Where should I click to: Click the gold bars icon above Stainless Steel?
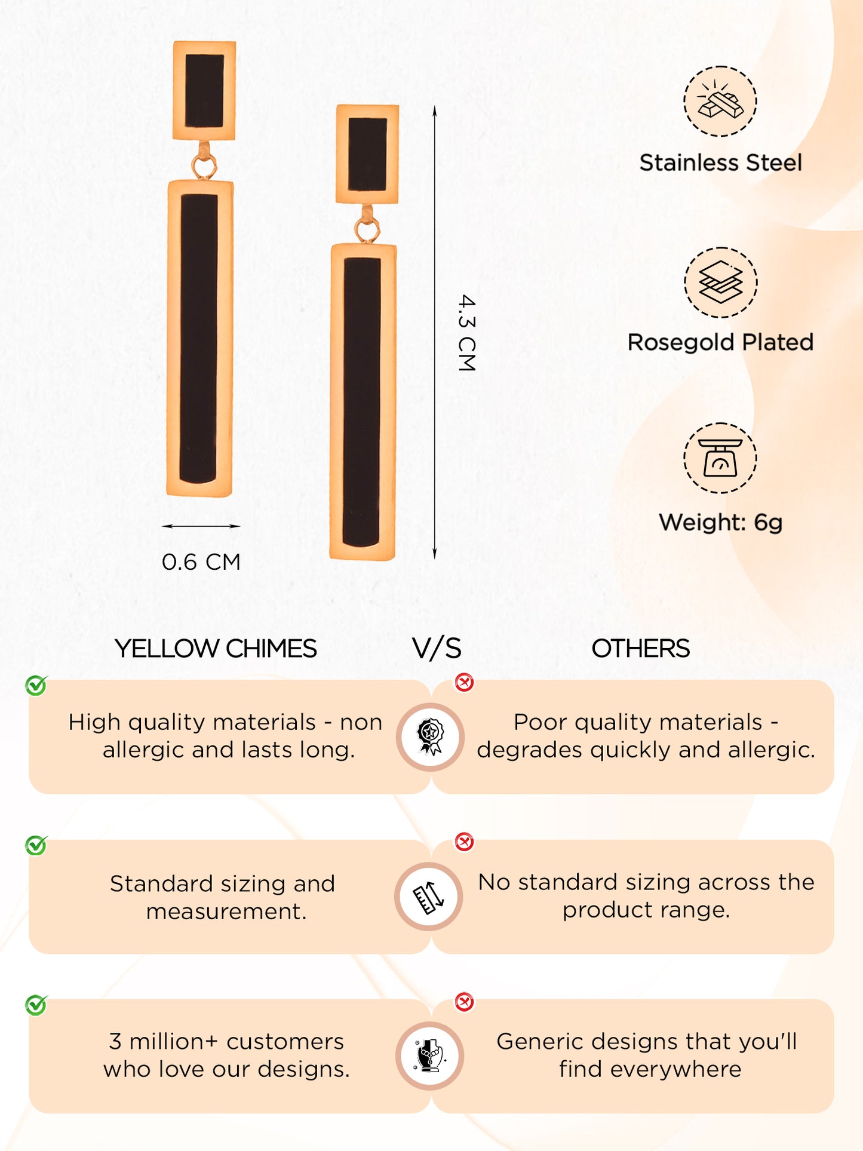(720, 102)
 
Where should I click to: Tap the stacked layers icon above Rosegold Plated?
(720, 282)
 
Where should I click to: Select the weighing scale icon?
(720, 458)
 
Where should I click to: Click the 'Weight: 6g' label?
(720, 523)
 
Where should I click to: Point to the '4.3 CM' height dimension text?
(466, 333)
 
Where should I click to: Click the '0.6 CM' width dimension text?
(201, 562)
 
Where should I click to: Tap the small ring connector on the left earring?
(204, 166)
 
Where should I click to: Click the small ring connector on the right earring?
(367, 229)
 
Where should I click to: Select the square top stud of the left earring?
(204, 90)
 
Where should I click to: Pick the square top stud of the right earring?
(367, 154)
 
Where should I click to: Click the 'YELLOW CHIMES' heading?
(216, 649)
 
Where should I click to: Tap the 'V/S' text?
(437, 649)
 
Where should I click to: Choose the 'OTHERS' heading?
(640, 649)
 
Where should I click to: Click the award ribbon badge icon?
(430, 736)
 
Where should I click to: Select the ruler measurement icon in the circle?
(429, 897)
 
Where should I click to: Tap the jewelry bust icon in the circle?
(429, 1055)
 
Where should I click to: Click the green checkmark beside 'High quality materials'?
(36, 686)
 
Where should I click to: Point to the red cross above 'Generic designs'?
(464, 1002)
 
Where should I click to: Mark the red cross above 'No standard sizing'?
(464, 842)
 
